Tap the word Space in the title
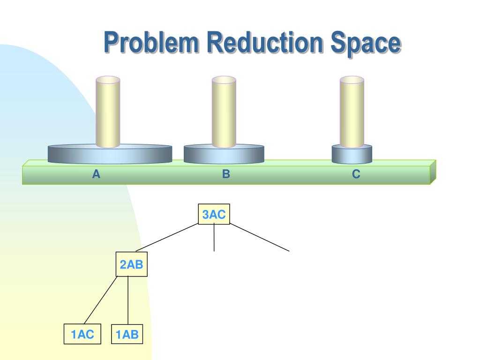366,43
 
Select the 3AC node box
214,215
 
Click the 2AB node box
131,265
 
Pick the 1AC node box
82,334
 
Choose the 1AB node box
127,334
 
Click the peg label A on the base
96,175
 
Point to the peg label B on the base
226,175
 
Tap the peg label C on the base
356,175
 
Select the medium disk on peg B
197,154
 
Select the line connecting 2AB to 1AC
101,300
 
